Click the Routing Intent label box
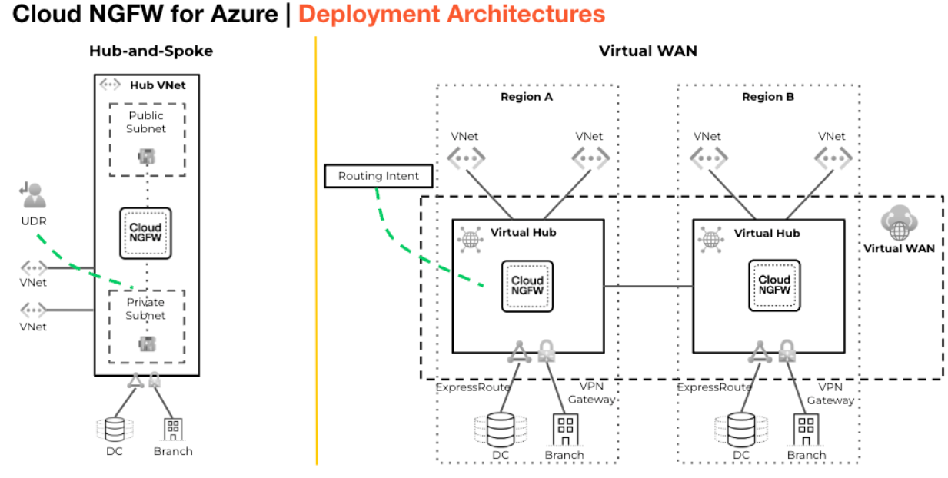pos(378,176)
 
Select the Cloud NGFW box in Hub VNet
pos(145,233)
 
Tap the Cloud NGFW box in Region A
pos(527,286)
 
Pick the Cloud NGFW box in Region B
pos(774,285)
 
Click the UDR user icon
pos(34,195)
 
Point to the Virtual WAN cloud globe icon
pos(898,223)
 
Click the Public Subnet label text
pos(146,122)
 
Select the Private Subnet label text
pos(145,309)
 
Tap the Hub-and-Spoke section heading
pos(151,51)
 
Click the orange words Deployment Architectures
pos(451,14)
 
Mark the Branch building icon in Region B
pos(806,430)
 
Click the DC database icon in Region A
pos(501,430)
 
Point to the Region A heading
pos(527,97)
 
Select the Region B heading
pos(768,97)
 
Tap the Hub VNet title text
pos(158,85)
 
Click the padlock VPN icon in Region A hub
pos(546,351)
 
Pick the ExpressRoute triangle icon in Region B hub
pos(760,352)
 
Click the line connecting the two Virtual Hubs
pos(648,287)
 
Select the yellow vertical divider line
pos(316,254)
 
